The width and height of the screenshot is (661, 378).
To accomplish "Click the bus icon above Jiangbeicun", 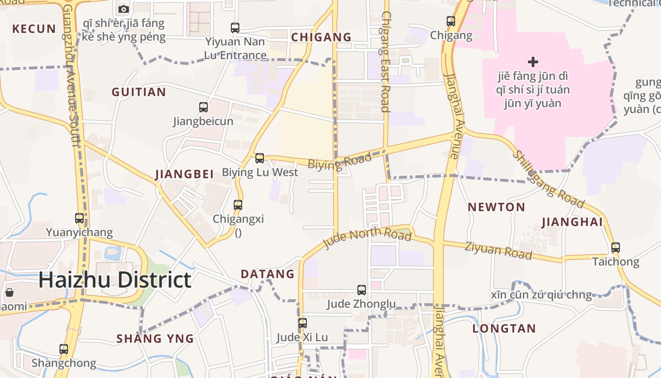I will pos(203,107).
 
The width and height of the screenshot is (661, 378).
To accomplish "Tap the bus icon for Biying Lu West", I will pos(260,158).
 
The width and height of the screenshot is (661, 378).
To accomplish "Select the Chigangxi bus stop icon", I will pos(238,205).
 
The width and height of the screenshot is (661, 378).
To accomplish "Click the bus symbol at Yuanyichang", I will pos(79,218).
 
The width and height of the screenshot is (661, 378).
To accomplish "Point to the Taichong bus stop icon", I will pos(616,248).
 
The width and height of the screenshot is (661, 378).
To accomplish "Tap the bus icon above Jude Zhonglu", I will pos(362,290).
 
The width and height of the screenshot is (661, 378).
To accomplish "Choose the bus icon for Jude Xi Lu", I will pos(303,323).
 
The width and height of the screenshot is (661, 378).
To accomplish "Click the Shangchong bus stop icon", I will pos(64,349).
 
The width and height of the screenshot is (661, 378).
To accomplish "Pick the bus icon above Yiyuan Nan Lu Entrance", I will pos(235,28).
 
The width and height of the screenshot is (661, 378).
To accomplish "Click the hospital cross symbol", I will pos(533,62).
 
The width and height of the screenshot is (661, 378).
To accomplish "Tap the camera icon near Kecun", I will pos(124,9).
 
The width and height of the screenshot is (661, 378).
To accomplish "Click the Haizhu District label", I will pos(115,280).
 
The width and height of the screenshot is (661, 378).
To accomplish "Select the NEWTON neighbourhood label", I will pos(496,207).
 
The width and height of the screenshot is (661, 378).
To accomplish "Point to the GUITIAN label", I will pos(139,92).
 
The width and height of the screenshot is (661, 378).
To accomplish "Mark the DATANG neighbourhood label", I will pos(268,274).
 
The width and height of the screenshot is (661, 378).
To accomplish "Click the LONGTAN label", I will pos(504,328).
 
